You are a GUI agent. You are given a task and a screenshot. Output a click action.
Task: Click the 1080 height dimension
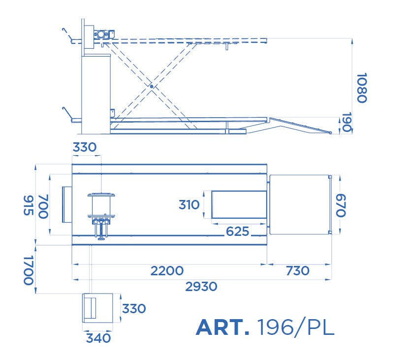point(362,88)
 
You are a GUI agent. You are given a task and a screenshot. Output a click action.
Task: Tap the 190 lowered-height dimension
point(346,122)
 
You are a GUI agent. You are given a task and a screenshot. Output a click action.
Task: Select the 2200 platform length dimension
point(167,271)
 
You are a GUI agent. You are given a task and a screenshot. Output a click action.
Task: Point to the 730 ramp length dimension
point(298,271)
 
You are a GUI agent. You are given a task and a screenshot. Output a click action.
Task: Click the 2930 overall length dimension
point(201,287)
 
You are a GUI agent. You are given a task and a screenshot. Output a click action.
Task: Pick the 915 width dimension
point(29,205)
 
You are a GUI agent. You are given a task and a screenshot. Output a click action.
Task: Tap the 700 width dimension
point(43,206)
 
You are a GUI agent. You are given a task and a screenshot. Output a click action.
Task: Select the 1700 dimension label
point(29,270)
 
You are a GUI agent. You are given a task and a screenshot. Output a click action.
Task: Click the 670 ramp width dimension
point(341,205)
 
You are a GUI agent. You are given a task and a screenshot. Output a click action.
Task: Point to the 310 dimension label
point(189,205)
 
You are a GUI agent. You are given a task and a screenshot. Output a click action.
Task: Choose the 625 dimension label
point(237,231)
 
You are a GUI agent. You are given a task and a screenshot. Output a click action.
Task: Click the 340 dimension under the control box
point(98,338)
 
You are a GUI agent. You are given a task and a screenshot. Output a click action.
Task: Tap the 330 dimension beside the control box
point(134,309)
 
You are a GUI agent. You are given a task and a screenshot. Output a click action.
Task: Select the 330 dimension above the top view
point(85,147)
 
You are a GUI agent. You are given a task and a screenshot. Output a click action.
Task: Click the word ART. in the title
point(222,327)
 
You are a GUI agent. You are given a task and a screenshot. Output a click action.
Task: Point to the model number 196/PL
point(296,327)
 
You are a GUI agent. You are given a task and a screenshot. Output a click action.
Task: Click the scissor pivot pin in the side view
point(152,86)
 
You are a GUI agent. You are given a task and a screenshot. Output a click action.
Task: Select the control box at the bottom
point(97,308)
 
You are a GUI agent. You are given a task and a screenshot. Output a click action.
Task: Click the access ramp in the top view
point(300,205)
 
